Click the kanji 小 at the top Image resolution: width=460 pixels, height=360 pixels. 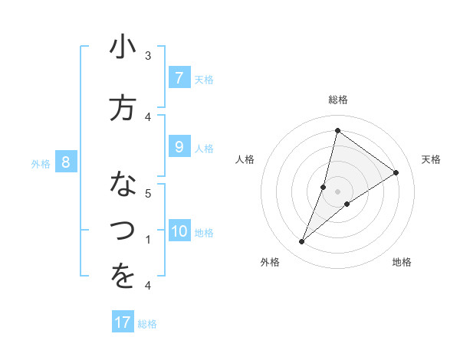(x=123, y=48)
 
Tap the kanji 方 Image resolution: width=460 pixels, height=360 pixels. (x=123, y=107)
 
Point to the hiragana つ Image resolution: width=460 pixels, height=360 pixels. (x=123, y=228)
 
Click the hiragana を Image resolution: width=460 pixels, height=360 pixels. (x=123, y=277)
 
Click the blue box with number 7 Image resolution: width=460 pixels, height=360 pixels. (x=179, y=78)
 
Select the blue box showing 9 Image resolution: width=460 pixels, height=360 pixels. (x=179, y=148)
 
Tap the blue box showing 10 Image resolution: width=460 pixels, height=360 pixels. (x=179, y=232)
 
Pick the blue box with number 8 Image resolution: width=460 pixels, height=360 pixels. (x=66, y=162)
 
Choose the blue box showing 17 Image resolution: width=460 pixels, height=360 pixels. (x=123, y=322)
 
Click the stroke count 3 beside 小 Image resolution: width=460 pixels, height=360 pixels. (x=148, y=56)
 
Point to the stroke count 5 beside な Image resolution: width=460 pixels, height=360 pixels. (x=148, y=193)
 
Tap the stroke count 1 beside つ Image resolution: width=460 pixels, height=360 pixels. (x=148, y=240)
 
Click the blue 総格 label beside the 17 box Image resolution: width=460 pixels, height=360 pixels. (x=147, y=324)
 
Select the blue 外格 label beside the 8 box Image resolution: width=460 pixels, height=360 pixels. (x=41, y=163)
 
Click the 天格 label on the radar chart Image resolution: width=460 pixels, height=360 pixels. (x=431, y=159)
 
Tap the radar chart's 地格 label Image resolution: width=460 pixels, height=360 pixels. (x=402, y=262)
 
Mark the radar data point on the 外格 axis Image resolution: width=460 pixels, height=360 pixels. (x=302, y=242)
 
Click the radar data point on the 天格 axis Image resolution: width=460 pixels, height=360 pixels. (x=396, y=173)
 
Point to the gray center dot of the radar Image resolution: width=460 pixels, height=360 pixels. (x=338, y=191)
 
